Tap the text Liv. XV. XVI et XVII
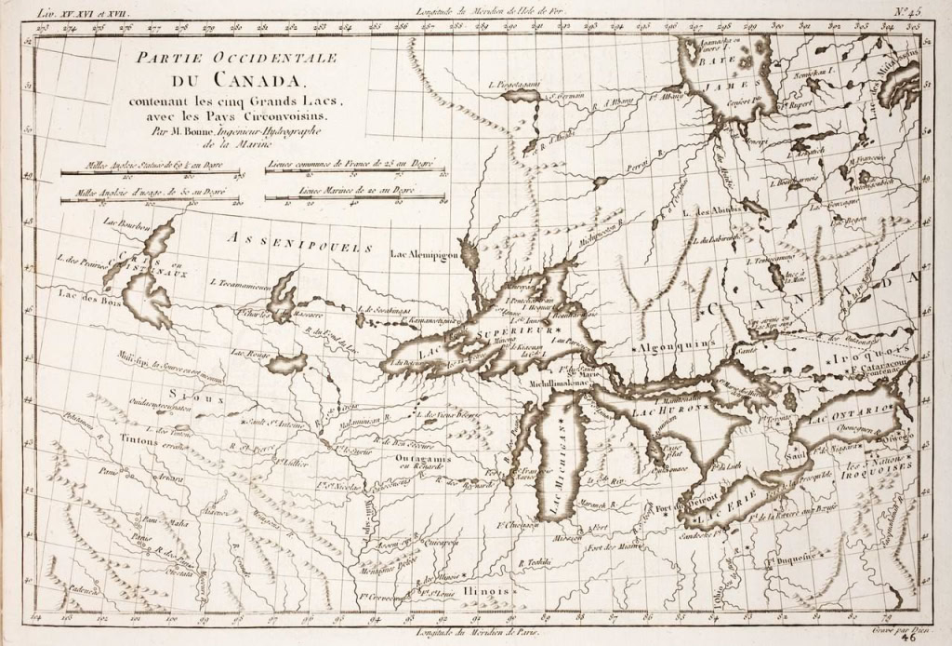[x=83, y=12]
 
